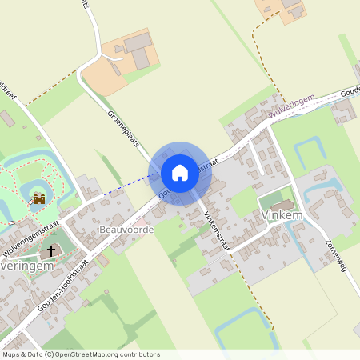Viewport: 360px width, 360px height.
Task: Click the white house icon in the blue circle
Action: [180, 172]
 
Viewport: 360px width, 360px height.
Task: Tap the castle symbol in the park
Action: [38, 199]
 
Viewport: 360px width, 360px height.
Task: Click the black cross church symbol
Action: [52, 251]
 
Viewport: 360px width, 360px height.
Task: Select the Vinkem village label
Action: [281, 214]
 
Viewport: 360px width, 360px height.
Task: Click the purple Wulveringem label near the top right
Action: [291, 106]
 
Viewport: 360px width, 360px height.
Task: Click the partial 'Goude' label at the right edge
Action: [349, 92]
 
